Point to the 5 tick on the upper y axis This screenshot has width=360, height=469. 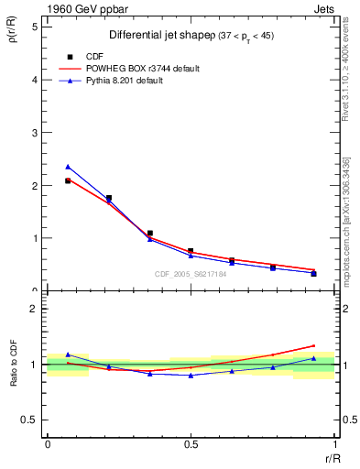[37, 27]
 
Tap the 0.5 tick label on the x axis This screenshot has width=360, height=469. [191, 444]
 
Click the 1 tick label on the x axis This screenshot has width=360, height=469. [334, 444]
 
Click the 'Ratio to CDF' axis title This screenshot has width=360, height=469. [14, 365]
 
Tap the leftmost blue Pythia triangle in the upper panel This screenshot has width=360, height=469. [68, 167]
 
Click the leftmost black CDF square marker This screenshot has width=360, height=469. [68, 181]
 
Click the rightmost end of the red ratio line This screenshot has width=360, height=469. [314, 345]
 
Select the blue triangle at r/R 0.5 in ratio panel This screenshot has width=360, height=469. [191, 376]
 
